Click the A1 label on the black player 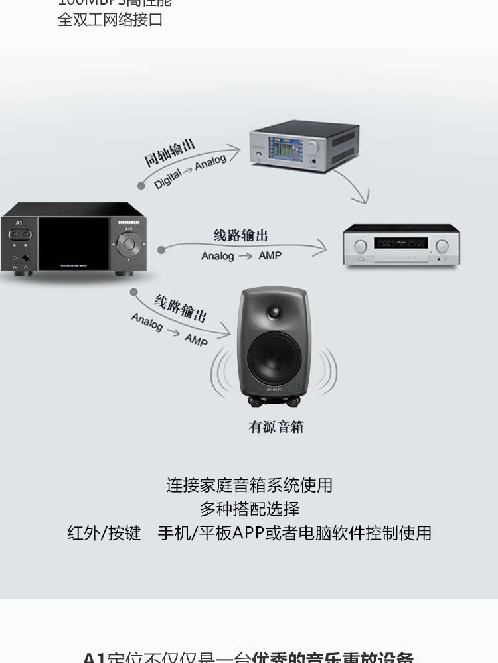(19, 223)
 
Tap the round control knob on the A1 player (129, 243)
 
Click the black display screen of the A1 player (72, 244)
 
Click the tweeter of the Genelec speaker (274, 312)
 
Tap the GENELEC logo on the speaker (274, 389)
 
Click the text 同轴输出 (170, 152)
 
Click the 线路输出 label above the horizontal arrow (241, 235)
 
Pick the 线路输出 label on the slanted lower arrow (180, 308)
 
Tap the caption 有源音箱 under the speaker (276, 427)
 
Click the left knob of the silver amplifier (360, 246)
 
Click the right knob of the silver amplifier (442, 246)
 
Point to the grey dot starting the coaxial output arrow (141, 186)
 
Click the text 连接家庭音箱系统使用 (249, 485)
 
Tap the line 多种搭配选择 (249, 509)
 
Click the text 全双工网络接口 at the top (110, 20)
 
